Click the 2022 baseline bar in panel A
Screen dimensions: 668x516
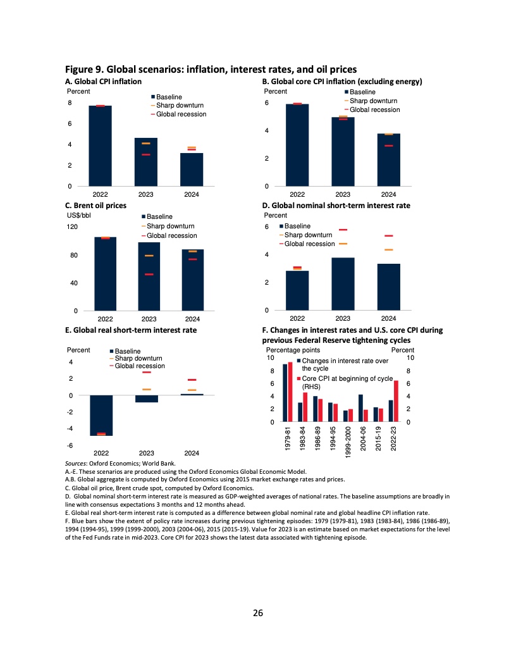(x=100, y=145)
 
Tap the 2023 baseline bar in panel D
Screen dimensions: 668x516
(x=343, y=283)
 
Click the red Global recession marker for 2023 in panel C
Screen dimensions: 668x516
(x=149, y=275)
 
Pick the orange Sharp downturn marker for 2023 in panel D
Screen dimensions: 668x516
(x=343, y=244)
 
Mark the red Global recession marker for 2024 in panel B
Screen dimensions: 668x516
(x=389, y=145)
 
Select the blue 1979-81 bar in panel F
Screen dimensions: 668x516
(x=285, y=393)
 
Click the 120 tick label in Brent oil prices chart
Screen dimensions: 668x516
(x=71, y=226)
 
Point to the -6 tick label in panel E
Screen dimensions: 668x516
(x=71, y=445)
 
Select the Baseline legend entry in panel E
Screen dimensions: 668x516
(x=128, y=351)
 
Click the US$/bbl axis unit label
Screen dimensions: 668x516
(x=80, y=215)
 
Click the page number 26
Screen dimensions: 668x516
(x=257, y=612)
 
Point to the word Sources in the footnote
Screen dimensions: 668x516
(x=77, y=464)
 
